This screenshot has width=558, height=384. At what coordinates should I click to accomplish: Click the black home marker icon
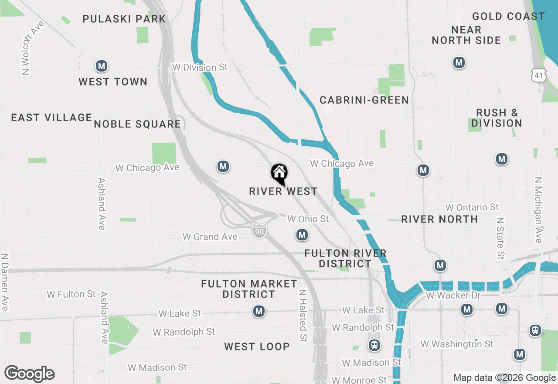coord(279,174)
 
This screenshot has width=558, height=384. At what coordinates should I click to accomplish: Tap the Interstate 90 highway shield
coord(259,231)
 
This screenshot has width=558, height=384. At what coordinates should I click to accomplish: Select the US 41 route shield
coord(538,75)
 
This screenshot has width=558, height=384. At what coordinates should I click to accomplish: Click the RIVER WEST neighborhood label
coord(283,192)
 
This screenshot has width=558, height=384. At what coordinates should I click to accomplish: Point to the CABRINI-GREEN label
coord(364,100)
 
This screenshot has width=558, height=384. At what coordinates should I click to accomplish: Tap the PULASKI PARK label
coord(124,19)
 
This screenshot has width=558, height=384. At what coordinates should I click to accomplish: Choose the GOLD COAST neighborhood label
coord(508,17)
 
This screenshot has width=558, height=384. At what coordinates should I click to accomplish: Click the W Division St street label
coord(200,68)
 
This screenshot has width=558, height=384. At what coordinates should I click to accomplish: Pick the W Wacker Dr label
coord(453,296)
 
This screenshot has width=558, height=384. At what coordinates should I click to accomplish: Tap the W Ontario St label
coord(472,207)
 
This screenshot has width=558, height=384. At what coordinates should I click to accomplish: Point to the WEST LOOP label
coord(257,347)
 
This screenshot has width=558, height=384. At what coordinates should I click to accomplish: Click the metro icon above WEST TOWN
coord(102,66)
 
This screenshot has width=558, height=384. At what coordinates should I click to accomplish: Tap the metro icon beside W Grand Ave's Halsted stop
coord(302,235)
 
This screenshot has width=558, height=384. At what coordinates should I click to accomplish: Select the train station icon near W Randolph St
coord(374,345)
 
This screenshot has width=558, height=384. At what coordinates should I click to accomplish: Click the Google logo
coord(29,374)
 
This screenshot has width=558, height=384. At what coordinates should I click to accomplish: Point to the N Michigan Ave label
coord(539,210)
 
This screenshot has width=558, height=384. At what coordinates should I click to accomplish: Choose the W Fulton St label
coord(71,295)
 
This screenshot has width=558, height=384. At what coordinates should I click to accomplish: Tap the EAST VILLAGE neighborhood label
coord(51,118)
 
